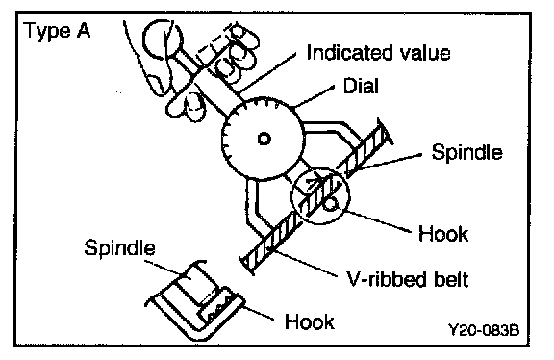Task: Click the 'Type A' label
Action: [x=58, y=31]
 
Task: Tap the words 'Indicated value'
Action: [x=378, y=53]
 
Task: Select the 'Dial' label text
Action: [x=361, y=86]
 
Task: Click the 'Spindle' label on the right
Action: [x=466, y=152]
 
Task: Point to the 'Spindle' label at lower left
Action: [x=120, y=247]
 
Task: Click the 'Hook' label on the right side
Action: [x=443, y=234]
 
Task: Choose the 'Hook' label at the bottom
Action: [x=310, y=321]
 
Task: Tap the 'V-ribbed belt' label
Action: [x=408, y=279]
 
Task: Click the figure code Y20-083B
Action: [x=484, y=330]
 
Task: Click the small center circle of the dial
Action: [x=264, y=139]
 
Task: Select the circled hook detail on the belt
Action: [x=320, y=196]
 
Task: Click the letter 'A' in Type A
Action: [x=83, y=31]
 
